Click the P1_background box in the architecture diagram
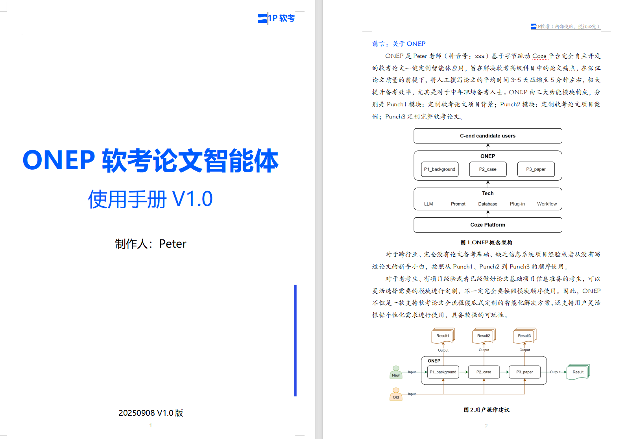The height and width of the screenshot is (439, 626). (439, 169)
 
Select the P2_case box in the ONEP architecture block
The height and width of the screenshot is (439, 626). (488, 169)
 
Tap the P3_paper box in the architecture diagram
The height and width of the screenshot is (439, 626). (536, 169)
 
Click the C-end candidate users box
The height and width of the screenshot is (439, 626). (488, 136)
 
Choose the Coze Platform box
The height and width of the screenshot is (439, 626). (488, 225)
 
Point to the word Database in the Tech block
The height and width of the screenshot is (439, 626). (488, 204)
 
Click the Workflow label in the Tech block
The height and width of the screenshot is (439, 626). (547, 204)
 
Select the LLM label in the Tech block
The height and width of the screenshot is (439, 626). (428, 204)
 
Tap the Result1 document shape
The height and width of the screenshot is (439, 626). (443, 336)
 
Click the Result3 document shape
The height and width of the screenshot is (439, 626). (524, 336)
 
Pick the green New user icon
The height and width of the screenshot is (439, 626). (396, 372)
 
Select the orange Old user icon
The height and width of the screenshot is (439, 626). (396, 394)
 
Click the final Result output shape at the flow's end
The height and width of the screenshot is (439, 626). (578, 372)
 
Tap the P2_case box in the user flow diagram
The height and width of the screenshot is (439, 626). (484, 372)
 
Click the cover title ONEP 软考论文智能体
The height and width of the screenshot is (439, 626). (150, 161)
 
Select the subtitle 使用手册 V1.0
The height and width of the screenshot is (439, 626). (150, 199)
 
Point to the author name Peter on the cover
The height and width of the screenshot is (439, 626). (172, 244)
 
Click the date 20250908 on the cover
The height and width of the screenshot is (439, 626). (137, 413)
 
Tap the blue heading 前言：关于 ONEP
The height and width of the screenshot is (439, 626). (399, 44)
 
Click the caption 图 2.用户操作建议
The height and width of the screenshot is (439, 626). (486, 410)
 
